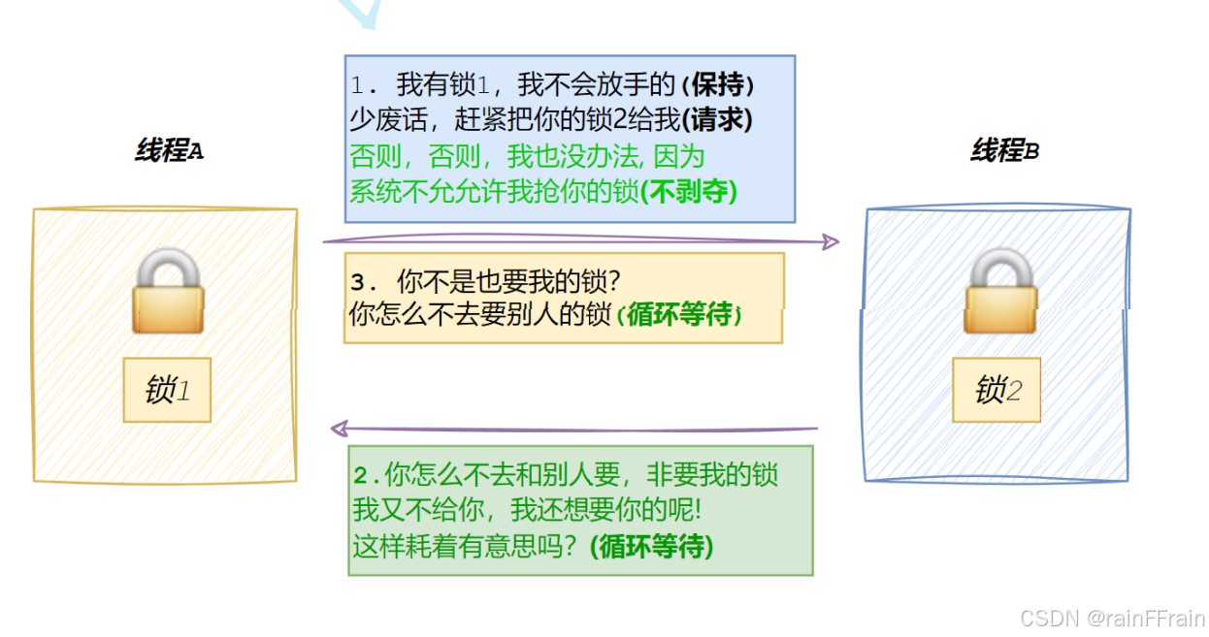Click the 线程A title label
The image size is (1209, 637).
169,151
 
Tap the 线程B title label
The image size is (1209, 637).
1004,151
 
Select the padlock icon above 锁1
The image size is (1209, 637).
167,290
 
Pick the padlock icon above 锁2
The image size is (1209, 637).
999,290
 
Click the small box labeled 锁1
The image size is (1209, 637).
167,390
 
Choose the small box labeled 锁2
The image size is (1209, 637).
997,390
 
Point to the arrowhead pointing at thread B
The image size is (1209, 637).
831,241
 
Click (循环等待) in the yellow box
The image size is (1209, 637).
679,315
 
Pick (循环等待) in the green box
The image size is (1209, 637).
651,547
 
